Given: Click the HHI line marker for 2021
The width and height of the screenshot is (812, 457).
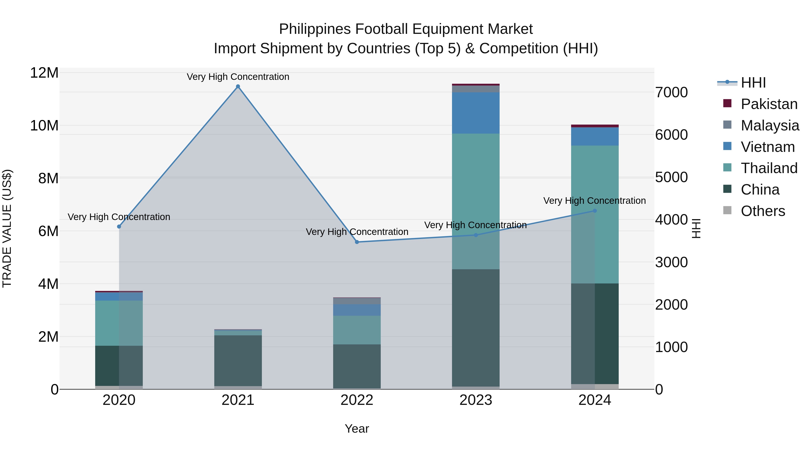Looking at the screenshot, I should [238, 86].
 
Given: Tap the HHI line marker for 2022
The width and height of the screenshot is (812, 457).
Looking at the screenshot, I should [357, 242].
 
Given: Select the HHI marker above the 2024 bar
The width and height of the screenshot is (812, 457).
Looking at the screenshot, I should [595, 211].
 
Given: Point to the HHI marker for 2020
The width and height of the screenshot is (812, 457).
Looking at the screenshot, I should [119, 226].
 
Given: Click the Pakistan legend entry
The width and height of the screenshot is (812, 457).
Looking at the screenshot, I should [769, 104].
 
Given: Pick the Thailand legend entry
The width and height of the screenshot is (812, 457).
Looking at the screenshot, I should [769, 168].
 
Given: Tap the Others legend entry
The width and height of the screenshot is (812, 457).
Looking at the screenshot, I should [763, 211].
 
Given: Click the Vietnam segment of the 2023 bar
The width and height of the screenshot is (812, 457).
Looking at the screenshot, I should [476, 113].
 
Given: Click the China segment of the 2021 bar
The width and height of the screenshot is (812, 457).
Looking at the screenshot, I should [238, 360].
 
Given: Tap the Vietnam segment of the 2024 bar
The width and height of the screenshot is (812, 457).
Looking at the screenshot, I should [595, 136].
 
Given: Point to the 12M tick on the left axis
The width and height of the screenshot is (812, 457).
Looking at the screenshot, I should [44, 73].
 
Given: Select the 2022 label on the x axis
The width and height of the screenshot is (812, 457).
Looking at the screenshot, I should [357, 400].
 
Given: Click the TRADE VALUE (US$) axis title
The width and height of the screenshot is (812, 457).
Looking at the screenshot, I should [7, 228].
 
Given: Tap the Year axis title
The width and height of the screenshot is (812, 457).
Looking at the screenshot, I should [357, 429].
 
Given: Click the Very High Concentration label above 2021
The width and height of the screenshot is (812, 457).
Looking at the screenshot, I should [238, 77].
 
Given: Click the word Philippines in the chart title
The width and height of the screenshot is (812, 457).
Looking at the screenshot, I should [315, 29].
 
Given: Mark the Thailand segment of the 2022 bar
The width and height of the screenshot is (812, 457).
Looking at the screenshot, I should [357, 330].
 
